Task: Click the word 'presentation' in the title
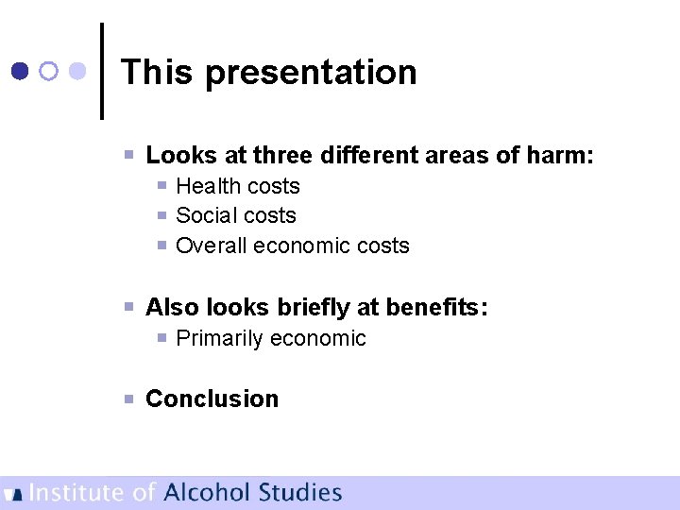tap(311, 73)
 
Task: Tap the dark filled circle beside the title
tap(20, 71)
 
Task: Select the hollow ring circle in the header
tap(50, 71)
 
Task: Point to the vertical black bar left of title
tap(101, 71)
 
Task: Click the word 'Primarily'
tap(220, 338)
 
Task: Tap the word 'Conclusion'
tap(212, 399)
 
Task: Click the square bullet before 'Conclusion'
tap(130, 399)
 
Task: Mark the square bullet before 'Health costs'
tap(162, 186)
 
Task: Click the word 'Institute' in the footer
tap(77, 492)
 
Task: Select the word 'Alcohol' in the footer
tap(207, 492)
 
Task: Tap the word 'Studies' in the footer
tap(300, 492)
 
